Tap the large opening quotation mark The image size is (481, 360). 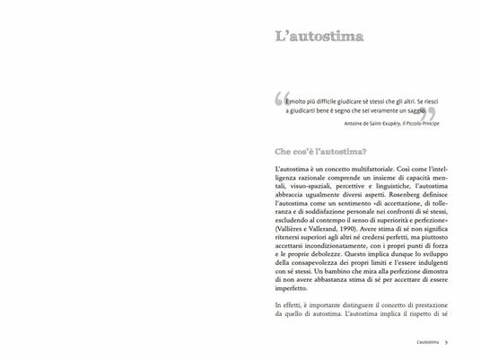pyautogui.click(x=280, y=101)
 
